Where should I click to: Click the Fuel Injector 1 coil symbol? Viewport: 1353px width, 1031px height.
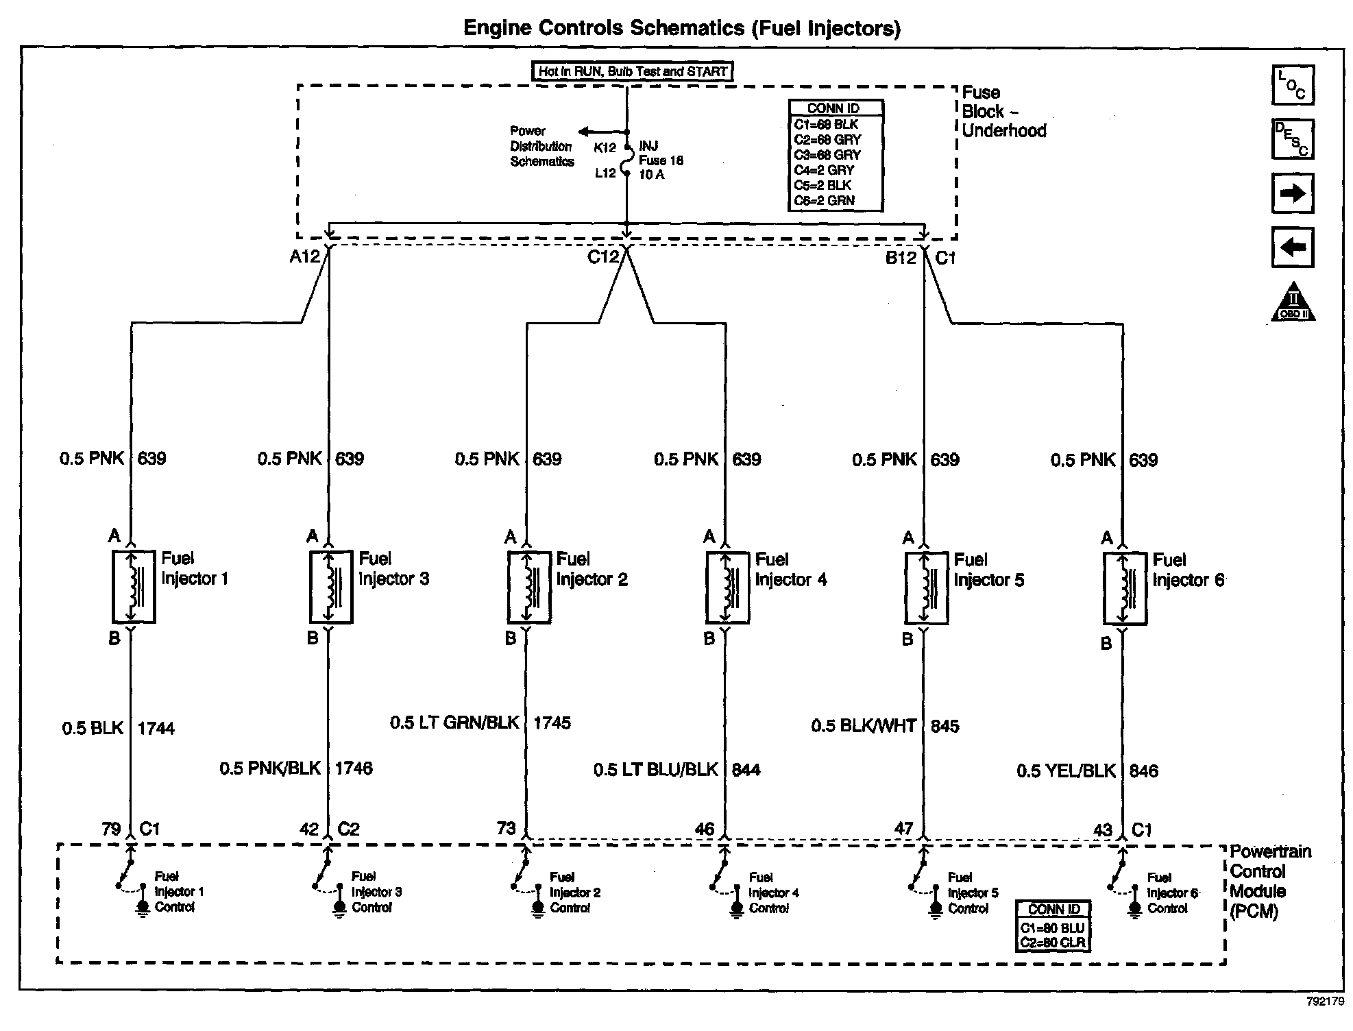click(x=134, y=586)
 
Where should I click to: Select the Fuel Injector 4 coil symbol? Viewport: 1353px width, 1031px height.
click(x=728, y=587)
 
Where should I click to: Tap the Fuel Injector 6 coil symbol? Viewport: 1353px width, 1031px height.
click(x=1125, y=588)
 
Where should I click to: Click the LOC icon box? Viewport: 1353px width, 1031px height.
click(x=1293, y=85)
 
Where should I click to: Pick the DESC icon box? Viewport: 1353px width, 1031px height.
click(x=1293, y=139)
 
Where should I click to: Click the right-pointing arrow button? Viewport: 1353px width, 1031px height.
click(x=1293, y=193)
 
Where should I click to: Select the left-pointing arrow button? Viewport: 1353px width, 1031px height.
click(x=1293, y=247)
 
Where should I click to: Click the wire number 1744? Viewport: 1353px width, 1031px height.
click(x=156, y=728)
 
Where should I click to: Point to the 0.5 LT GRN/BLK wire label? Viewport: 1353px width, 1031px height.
click(x=454, y=723)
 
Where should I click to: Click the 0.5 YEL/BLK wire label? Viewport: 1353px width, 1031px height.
click(x=1066, y=771)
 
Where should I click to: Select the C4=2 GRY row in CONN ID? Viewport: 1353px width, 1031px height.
click(x=825, y=170)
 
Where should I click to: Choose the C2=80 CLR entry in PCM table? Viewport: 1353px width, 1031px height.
click(x=1053, y=943)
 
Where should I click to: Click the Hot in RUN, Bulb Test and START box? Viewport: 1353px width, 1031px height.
click(x=633, y=71)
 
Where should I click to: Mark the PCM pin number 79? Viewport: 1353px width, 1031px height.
click(x=111, y=829)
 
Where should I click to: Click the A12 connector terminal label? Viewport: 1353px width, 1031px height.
click(x=305, y=256)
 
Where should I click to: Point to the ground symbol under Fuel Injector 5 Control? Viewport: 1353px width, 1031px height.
click(x=935, y=910)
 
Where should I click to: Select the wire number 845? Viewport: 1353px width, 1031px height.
click(x=945, y=726)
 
